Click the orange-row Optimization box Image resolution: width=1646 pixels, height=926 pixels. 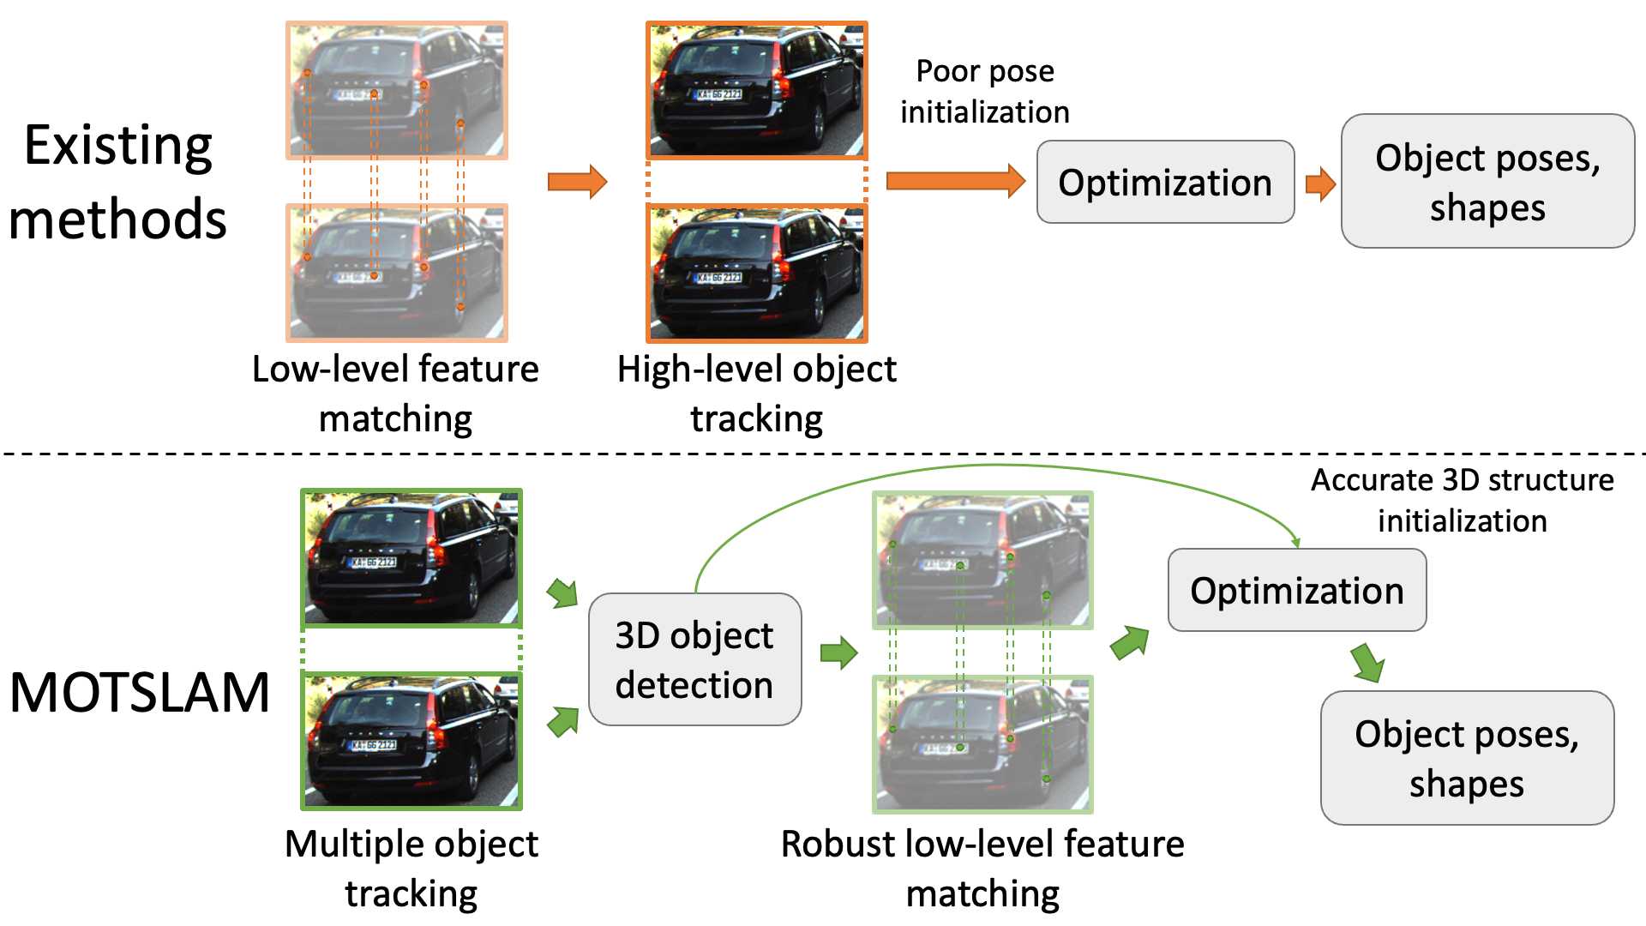[1165, 183]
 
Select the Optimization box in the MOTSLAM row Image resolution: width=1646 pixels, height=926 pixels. [1296, 591]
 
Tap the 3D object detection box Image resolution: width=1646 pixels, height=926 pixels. [694, 659]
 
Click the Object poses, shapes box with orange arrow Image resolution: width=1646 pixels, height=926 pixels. [1487, 182]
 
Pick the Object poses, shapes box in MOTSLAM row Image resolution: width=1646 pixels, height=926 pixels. [1467, 758]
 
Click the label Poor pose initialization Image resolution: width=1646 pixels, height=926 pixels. [985, 92]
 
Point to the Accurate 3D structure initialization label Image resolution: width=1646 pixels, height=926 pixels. [1462, 500]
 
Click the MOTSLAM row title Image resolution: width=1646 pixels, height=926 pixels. [140, 692]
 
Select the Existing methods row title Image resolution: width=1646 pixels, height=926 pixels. [118, 182]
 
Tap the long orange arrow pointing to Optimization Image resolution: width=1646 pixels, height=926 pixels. [955, 181]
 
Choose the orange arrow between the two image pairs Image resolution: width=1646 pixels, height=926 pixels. [577, 182]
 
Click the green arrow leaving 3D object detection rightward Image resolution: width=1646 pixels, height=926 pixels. [838, 653]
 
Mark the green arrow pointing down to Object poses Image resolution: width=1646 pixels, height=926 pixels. [1368, 662]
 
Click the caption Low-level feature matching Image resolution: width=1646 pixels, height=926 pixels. [395, 394]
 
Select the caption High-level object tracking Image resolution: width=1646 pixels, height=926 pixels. [756, 394]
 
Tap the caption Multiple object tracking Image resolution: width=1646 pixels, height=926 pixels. [411, 868]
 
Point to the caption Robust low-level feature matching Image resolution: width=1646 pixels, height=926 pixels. [982, 868]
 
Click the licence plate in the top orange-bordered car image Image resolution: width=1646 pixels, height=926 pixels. [718, 94]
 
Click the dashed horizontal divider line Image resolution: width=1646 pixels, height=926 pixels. [823, 454]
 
